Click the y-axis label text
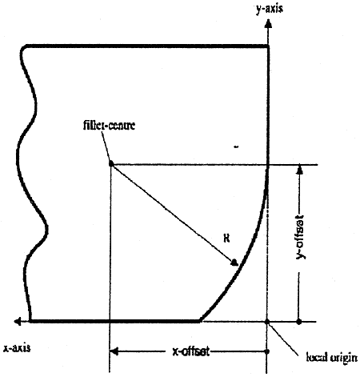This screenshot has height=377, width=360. (x=270, y=9)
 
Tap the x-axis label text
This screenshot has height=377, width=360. (x=17, y=348)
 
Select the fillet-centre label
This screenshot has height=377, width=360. (x=109, y=125)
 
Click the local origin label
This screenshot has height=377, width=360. (x=332, y=358)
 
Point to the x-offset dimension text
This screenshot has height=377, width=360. (x=190, y=351)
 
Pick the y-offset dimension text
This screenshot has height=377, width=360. (x=301, y=236)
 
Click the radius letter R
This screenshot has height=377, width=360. (x=226, y=239)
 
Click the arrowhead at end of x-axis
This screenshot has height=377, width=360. (x=18, y=322)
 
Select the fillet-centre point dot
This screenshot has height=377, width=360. (x=111, y=164)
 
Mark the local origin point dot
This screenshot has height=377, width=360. (x=267, y=322)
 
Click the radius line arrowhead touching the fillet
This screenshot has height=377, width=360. (x=234, y=263)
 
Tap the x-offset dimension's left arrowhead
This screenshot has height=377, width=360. (x=114, y=351)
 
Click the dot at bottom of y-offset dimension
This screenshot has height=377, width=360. (x=299, y=322)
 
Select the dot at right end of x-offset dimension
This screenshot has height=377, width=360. (x=267, y=351)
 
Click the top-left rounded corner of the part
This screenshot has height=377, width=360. (x=23, y=49)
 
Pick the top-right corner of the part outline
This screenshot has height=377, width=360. (x=268, y=46)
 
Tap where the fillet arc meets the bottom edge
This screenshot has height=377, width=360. (x=200, y=320)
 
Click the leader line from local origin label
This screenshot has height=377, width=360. (x=282, y=339)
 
